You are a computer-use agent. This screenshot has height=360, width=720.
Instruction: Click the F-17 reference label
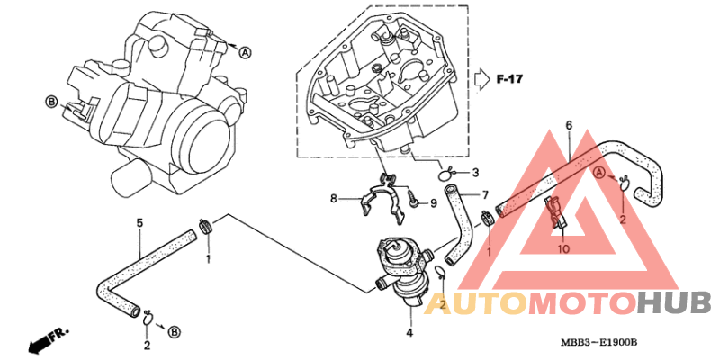click(509, 79)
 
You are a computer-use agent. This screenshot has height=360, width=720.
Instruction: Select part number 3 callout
click(475, 173)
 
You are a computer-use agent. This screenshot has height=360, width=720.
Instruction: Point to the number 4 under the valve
click(409, 332)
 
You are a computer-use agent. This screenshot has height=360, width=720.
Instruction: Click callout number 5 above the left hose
click(139, 223)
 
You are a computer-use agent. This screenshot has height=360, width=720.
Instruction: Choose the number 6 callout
click(569, 125)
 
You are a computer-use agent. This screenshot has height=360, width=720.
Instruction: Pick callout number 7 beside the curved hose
click(485, 194)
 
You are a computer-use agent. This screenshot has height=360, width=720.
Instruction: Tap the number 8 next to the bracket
click(333, 199)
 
